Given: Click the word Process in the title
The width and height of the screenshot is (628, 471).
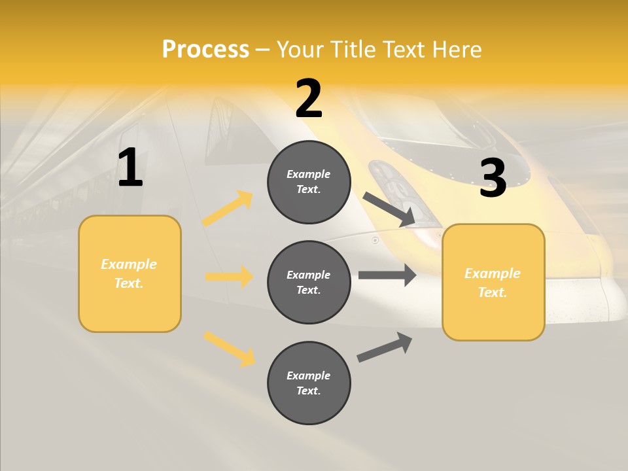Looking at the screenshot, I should (x=205, y=49).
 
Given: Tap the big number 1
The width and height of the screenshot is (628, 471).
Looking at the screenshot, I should (x=130, y=168).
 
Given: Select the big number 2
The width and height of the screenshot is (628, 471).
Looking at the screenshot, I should (x=309, y=99).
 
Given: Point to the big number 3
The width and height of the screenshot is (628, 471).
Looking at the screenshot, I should (x=493, y=178).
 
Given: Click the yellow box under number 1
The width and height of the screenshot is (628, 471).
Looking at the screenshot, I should (x=130, y=273).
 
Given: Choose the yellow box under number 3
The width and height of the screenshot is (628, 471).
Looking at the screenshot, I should (x=493, y=283).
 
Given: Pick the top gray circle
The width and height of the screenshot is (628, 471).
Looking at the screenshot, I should (x=309, y=182).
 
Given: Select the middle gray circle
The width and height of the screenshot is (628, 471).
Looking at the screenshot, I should (x=309, y=282).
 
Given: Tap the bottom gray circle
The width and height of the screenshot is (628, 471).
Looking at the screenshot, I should (x=309, y=383).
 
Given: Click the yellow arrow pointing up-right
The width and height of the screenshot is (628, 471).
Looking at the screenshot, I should (x=228, y=209).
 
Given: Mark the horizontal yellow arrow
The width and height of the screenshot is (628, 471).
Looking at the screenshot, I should (x=229, y=277).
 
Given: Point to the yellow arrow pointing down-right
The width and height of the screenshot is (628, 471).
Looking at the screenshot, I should (x=229, y=349).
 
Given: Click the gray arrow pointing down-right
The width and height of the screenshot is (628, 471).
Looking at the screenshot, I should (x=389, y=209).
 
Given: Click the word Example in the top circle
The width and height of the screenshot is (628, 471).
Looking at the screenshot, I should (x=309, y=174).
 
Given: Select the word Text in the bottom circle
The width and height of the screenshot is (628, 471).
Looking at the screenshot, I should (x=307, y=391).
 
